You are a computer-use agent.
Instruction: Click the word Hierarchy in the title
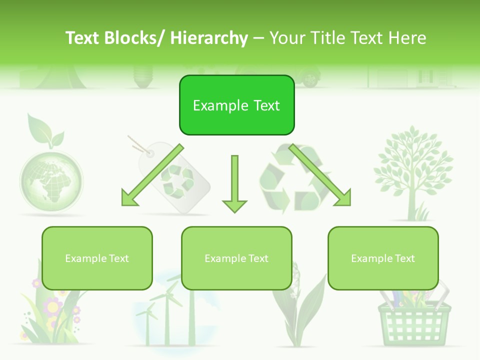coord(209,38)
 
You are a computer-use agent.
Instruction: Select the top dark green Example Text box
coord(236,105)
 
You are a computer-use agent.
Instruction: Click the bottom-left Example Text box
coord(97,258)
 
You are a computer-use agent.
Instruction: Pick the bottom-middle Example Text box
coord(236,258)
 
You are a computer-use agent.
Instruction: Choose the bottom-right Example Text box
coord(383,258)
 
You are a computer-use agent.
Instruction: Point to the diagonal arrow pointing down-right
coord(320,175)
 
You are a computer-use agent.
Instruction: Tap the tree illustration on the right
coord(413,170)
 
